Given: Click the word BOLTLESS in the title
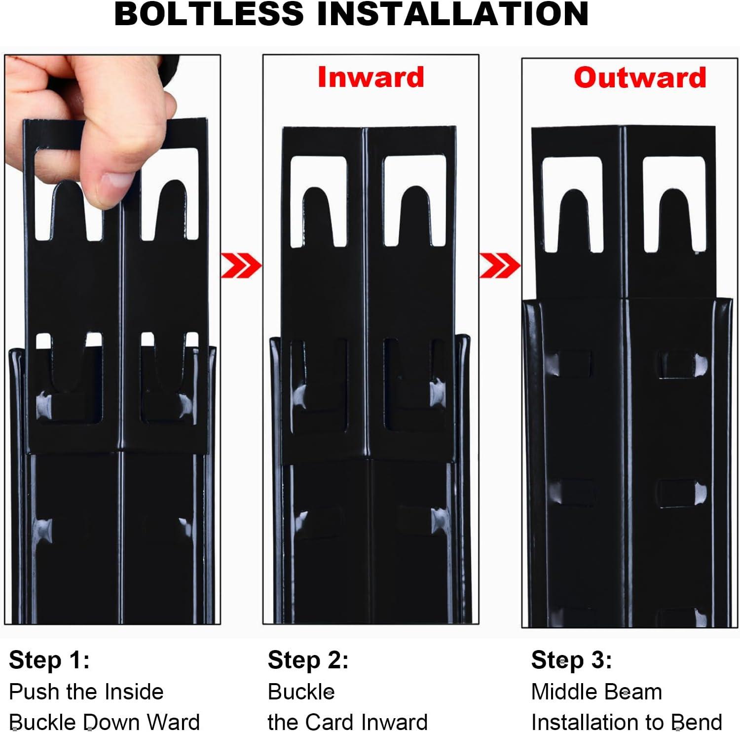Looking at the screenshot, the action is click(209, 14).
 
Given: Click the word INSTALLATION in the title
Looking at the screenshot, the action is click(452, 14).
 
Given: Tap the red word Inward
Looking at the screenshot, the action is click(370, 77).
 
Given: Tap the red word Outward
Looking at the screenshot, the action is click(640, 77).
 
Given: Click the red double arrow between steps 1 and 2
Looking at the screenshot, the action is click(241, 266).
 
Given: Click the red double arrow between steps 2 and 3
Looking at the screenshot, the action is click(499, 266).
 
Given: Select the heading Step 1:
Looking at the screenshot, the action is click(49, 660).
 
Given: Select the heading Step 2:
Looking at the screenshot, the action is click(308, 660).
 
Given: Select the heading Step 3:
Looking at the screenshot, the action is click(571, 660).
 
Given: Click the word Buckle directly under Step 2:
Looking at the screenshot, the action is click(301, 692).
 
